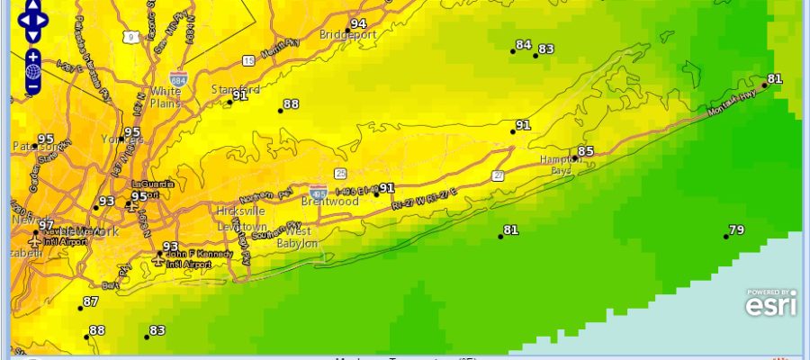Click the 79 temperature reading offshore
[x=736, y=230]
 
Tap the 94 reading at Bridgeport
[x=358, y=23]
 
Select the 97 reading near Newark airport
[x=46, y=225]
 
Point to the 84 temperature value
[x=523, y=45]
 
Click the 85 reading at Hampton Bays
[x=586, y=151]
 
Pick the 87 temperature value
[x=90, y=301]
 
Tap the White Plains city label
[x=165, y=96]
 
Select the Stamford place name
[x=236, y=90]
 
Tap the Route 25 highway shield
[x=340, y=173]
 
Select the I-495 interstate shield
[x=318, y=193]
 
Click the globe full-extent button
[x=33, y=71]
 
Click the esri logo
[x=770, y=303]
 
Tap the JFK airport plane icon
[x=159, y=261]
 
